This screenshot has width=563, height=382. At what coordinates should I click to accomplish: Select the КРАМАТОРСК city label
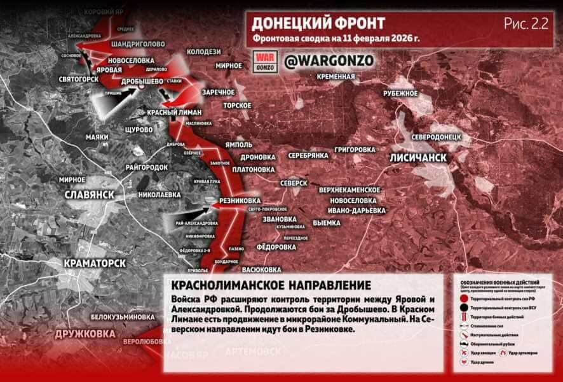tap(95, 262)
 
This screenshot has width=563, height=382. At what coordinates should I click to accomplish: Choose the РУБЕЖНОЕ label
tap(400, 93)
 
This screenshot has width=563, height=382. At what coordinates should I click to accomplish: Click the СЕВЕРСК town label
tap(294, 183)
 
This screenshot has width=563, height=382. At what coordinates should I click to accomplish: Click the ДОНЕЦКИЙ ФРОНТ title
tap(318, 24)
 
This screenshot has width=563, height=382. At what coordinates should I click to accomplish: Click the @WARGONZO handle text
tap(327, 61)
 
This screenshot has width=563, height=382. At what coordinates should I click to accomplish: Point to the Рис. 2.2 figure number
tap(526, 24)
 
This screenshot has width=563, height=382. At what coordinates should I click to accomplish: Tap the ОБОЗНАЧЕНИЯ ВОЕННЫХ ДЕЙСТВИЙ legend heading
tap(502, 281)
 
